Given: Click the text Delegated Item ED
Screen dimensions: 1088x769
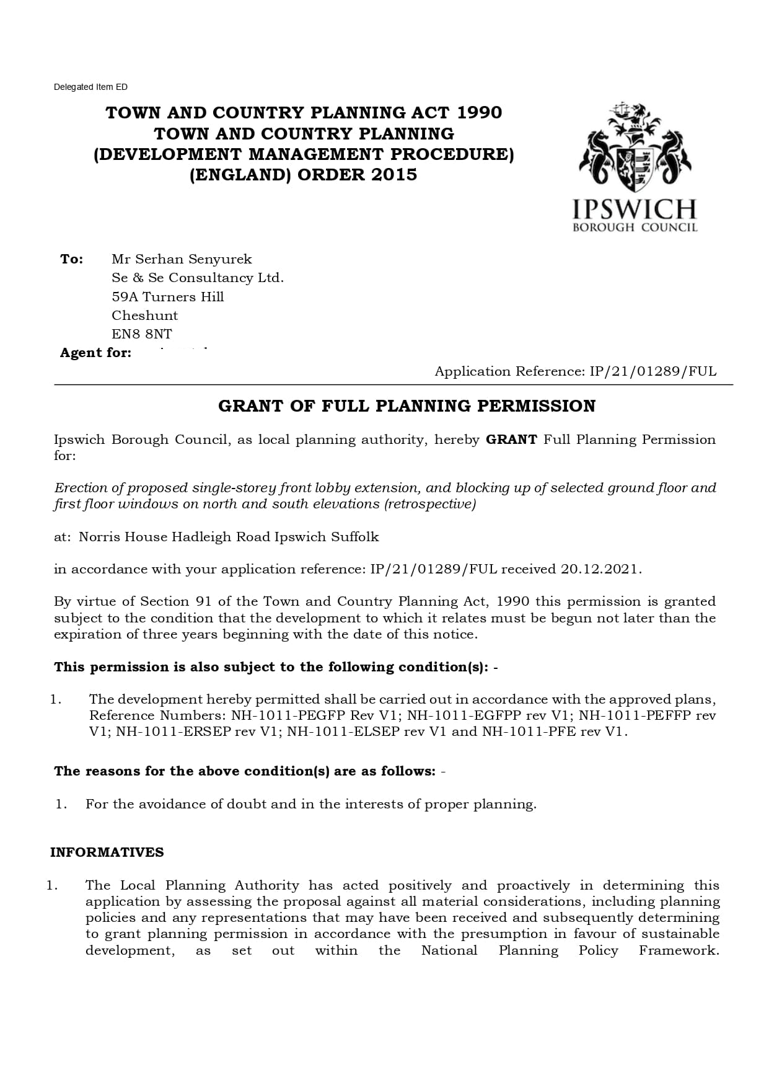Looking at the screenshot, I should pyautogui.click(x=90, y=87).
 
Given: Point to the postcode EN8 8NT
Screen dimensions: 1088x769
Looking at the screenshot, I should pyautogui.click(x=142, y=334).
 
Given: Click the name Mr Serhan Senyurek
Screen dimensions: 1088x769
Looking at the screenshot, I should pyautogui.click(x=182, y=259).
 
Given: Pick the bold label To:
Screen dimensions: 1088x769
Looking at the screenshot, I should pyautogui.click(x=72, y=259).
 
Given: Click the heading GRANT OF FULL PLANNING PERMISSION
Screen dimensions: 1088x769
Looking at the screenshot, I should pyautogui.click(x=406, y=406).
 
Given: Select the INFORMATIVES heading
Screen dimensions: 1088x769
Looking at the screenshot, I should pyautogui.click(x=107, y=852).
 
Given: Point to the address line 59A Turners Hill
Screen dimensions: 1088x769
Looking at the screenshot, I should pyautogui.click(x=168, y=297).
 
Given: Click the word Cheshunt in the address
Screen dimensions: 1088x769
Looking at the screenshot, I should pyautogui.click(x=145, y=316).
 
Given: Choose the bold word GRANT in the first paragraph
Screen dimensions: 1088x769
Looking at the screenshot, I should pyautogui.click(x=511, y=440).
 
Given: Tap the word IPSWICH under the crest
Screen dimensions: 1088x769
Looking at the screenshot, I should pyautogui.click(x=635, y=209).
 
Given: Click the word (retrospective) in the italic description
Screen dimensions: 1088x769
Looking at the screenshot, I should pyautogui.click(x=430, y=504).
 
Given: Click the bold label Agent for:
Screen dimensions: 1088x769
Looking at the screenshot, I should pyautogui.click(x=95, y=353).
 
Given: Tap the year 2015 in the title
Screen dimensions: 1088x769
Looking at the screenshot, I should pyautogui.click(x=395, y=175).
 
